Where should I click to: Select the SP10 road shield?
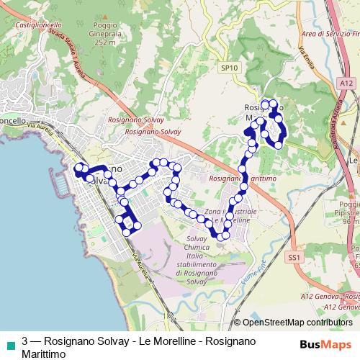click(x=229, y=67)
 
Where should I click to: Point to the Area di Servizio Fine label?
click(x=329, y=33)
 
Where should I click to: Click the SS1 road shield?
click(x=293, y=256)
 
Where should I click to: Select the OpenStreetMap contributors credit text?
click(x=297, y=323)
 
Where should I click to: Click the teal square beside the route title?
click(x=9, y=342)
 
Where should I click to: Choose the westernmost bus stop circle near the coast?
click(x=78, y=168)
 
